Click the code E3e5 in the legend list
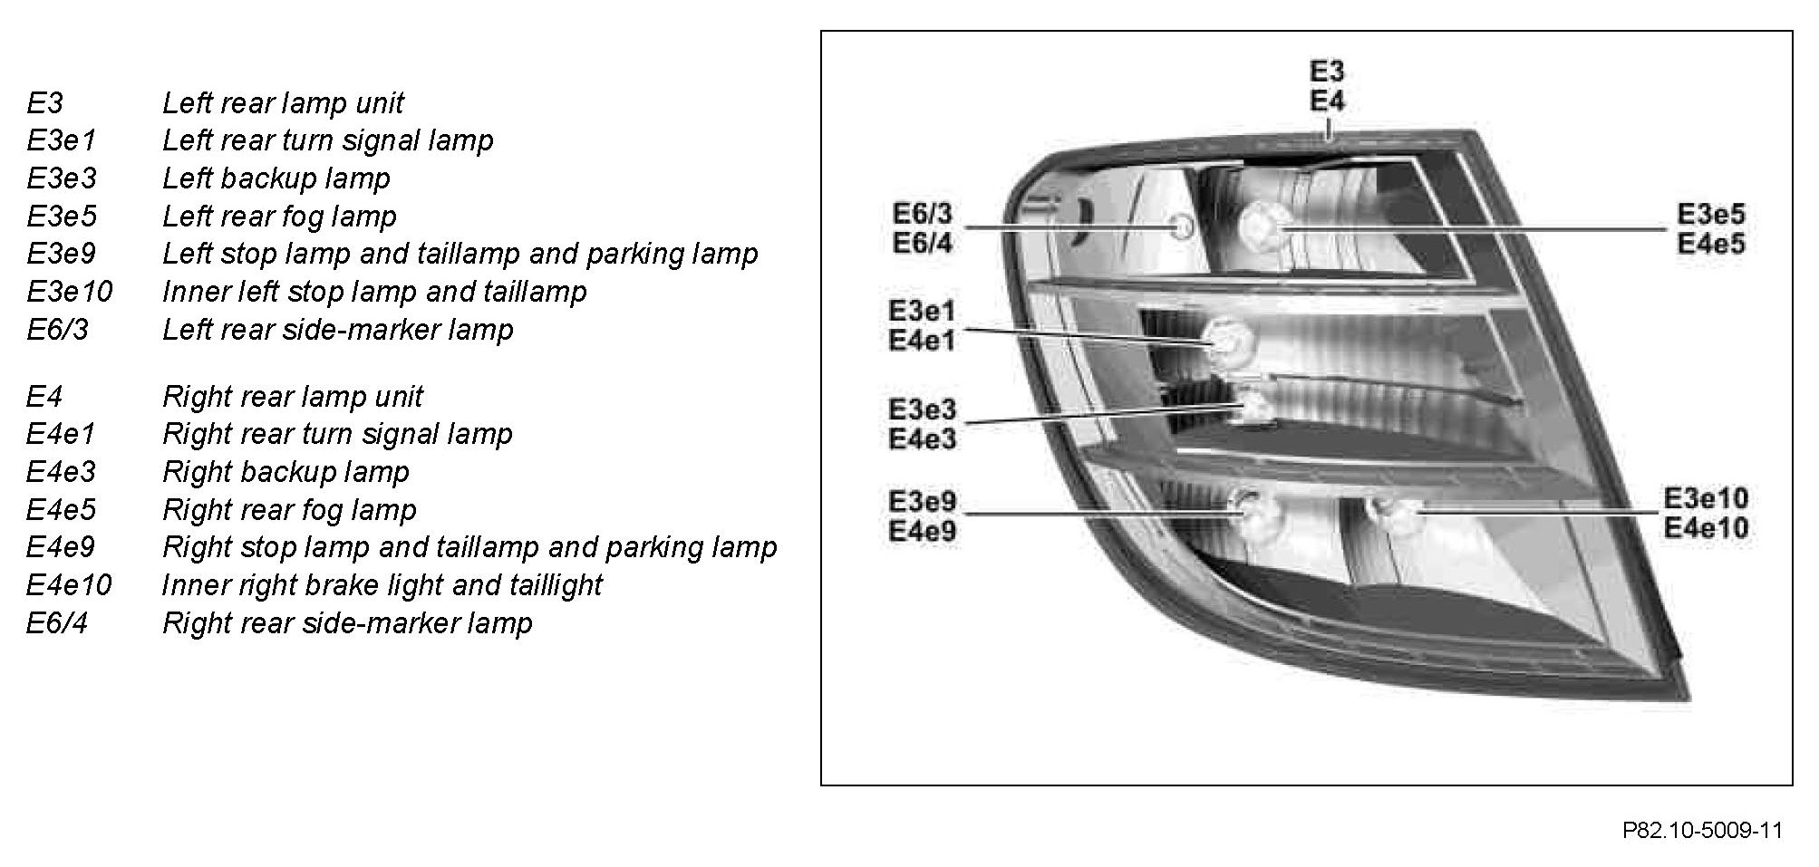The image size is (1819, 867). [x=62, y=217]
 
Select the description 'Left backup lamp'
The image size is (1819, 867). [x=276, y=178]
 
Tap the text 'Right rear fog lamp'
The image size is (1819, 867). [x=289, y=510]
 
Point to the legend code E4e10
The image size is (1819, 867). [x=69, y=585]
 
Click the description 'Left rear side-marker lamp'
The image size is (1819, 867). [x=337, y=330]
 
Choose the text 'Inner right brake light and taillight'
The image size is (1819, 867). [x=382, y=585]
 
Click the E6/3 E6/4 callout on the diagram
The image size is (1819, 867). [x=923, y=228]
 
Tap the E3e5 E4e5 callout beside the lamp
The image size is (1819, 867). [x=1710, y=228]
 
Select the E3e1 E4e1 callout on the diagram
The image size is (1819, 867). [x=922, y=326]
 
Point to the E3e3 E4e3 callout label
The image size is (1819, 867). [x=922, y=424]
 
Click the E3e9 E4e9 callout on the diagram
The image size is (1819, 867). [x=922, y=515]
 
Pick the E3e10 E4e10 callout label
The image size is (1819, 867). [x=1706, y=513]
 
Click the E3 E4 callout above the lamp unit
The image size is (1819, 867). [x=1327, y=86]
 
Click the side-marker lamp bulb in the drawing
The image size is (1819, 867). [x=1183, y=226]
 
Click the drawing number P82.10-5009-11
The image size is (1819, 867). [x=1702, y=831]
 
